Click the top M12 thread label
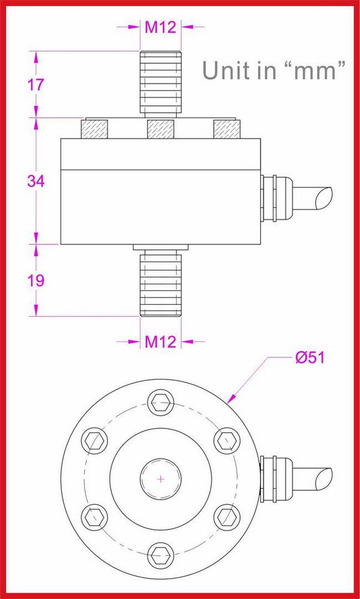[161, 27]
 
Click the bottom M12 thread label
[161, 342]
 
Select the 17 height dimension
[36, 85]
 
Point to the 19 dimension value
[36, 280]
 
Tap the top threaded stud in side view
[161, 84]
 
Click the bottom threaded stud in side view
[161, 283]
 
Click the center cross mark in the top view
[161, 478]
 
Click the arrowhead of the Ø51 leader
[229, 400]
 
